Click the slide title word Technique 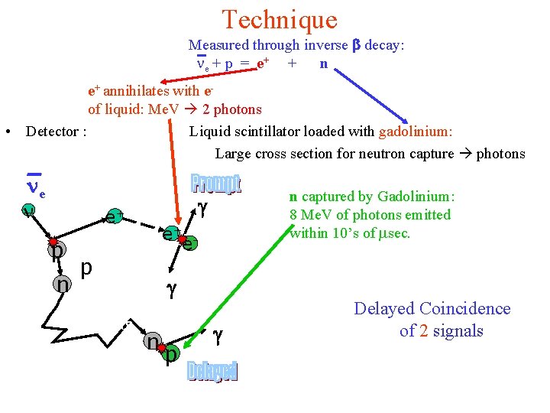pos(280,20)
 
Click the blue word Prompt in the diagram pos(215,184)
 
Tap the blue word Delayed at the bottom pos(213,371)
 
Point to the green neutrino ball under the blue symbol pos(27,212)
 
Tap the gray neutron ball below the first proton pos(61,285)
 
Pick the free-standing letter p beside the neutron pos(86,268)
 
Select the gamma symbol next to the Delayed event pos(217,333)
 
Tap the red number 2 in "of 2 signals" pos(423,330)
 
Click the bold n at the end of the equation pos(324,63)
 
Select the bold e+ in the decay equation pos(261,63)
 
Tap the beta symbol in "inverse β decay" pos(354,45)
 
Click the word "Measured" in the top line pos(219,45)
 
